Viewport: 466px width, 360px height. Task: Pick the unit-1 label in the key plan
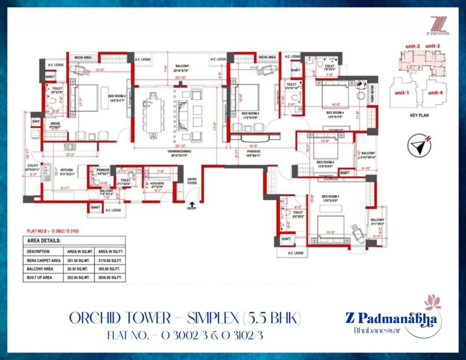pyautogui.click(x=400, y=93)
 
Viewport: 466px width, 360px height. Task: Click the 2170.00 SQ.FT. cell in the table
pyautogui.click(x=109, y=260)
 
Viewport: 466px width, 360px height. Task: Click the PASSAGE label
pyautogui.click(x=254, y=151)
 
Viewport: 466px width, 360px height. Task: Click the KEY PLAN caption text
pyautogui.click(x=416, y=116)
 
